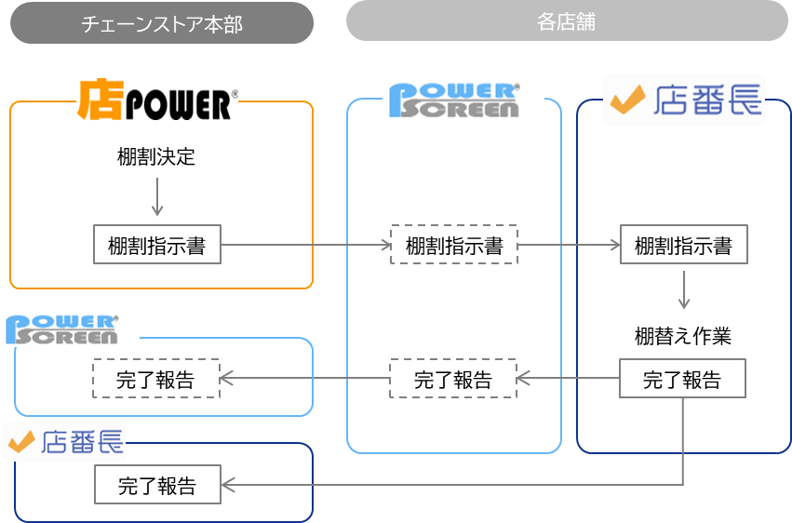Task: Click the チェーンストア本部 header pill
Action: (162, 23)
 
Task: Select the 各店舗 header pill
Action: (567, 21)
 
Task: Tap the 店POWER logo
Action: (157, 101)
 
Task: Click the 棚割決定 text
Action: (156, 156)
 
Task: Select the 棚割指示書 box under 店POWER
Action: (156, 246)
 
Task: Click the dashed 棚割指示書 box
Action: (453, 246)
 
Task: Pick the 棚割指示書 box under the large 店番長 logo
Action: (683, 246)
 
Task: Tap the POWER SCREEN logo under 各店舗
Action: (453, 101)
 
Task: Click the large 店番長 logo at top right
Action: (684, 100)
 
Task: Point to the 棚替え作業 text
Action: (683, 336)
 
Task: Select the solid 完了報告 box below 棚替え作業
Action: (683, 379)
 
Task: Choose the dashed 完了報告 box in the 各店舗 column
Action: (452, 379)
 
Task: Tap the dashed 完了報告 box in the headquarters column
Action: (155, 379)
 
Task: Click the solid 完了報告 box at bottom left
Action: (157, 485)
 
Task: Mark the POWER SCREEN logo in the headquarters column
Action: (62, 330)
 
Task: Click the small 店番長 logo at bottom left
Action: (65, 442)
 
